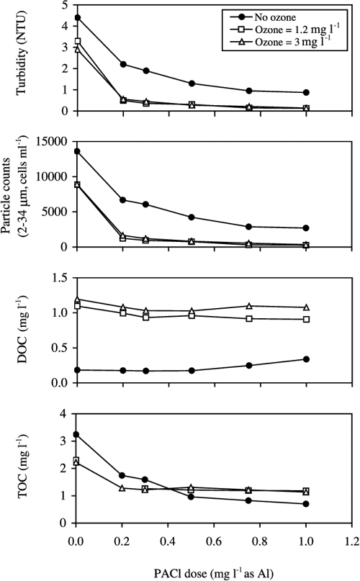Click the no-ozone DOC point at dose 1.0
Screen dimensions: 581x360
(x=306, y=359)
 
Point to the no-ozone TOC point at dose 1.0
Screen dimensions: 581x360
(x=306, y=504)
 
